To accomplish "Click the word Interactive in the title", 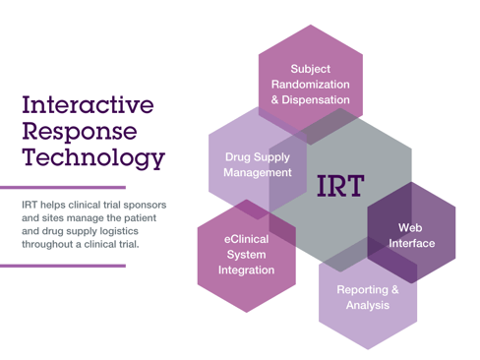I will pos(88,104).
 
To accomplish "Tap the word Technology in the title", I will pos(92,156).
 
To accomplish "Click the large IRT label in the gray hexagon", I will pos(339,184).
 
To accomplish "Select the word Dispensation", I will pos(316,100).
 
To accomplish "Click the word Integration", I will pos(246,270).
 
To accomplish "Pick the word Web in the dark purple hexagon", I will pos(411,227).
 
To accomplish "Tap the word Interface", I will pos(411,243).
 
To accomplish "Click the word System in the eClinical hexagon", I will pos(246,254).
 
